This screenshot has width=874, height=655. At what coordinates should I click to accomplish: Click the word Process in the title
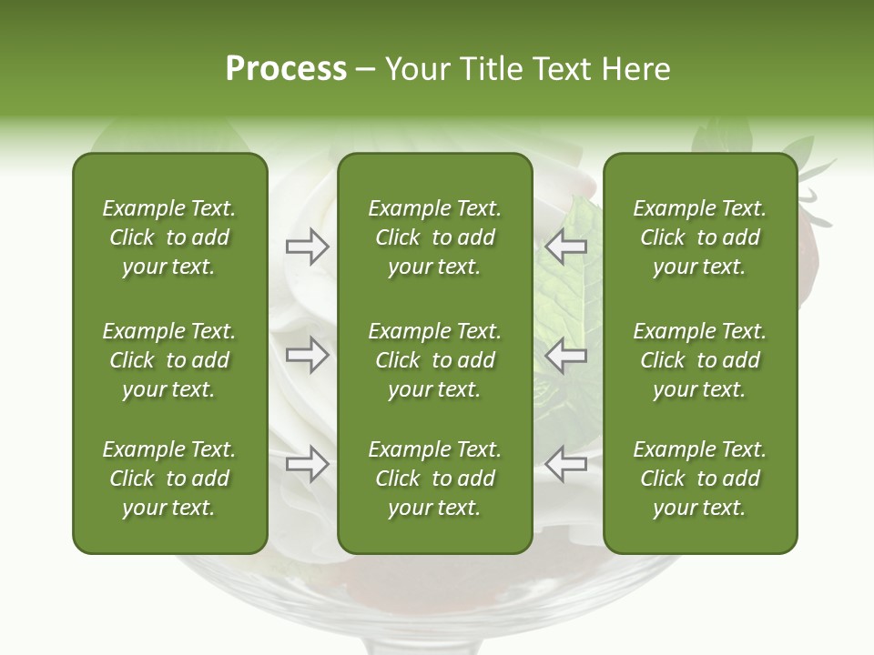pyautogui.click(x=286, y=68)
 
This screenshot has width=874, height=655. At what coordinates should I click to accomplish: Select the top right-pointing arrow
pyautogui.click(x=307, y=247)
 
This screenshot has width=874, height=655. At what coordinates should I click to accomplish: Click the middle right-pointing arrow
pyautogui.click(x=307, y=355)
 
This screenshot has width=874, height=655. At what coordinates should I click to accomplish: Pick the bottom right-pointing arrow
pyautogui.click(x=307, y=464)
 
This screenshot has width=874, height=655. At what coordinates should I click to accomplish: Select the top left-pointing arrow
pyautogui.click(x=565, y=247)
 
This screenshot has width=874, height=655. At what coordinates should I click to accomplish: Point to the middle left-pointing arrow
pyautogui.click(x=565, y=355)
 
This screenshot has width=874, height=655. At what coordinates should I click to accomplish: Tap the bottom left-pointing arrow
pyautogui.click(x=565, y=464)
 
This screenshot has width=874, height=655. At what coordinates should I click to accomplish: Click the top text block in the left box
pyautogui.click(x=169, y=237)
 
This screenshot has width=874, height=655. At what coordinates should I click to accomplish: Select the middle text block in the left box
pyautogui.click(x=169, y=360)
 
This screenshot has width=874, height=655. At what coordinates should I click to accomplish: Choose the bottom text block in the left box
pyautogui.click(x=169, y=479)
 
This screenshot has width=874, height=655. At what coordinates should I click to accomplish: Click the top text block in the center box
pyautogui.click(x=434, y=237)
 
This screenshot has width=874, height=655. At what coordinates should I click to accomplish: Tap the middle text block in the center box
pyautogui.click(x=434, y=360)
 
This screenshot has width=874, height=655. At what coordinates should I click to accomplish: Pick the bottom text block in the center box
pyautogui.click(x=434, y=479)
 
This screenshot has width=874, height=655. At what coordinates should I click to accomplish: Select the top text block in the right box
pyautogui.click(x=699, y=237)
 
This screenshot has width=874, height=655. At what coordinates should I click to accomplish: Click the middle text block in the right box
pyautogui.click(x=699, y=360)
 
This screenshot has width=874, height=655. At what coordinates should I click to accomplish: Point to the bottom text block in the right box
pyautogui.click(x=699, y=479)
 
